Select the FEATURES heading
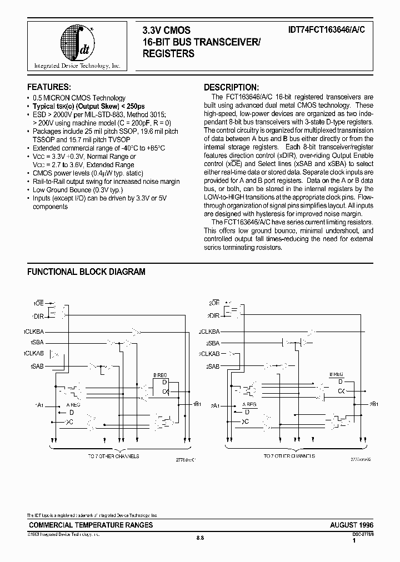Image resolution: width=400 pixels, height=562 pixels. pos(49,87)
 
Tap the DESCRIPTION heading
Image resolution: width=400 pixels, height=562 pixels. pos(231,87)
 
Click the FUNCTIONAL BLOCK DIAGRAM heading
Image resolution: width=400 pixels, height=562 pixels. pos(86,272)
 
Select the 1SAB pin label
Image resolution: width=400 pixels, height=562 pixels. pos(37,367)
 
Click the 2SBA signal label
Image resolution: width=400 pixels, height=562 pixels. pos(213,343)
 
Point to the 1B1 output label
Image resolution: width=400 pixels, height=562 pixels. pos(197,403)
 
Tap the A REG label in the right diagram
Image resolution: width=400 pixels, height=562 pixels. pos(249,405)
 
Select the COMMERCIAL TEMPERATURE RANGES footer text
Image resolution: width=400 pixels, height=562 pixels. pos(90,525)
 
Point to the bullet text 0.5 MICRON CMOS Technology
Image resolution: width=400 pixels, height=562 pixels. pos(79,98)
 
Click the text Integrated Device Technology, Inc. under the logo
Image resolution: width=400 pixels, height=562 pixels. pos(77,66)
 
